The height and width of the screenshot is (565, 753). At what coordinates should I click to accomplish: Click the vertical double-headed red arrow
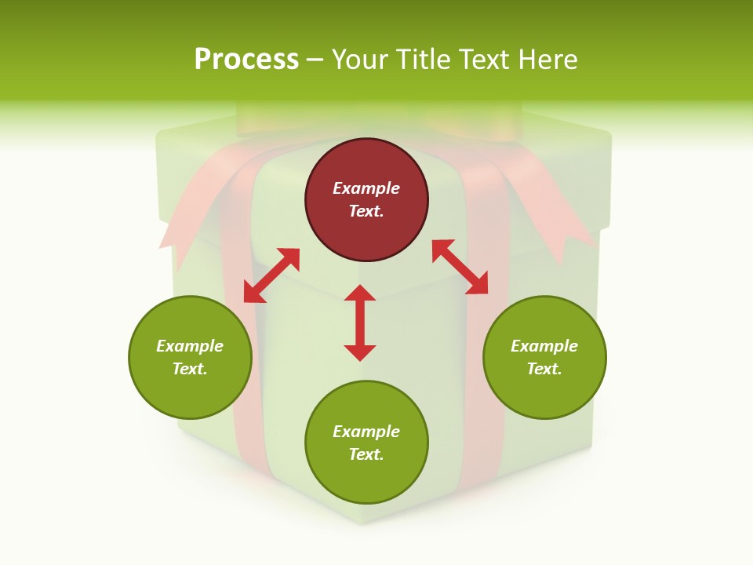[x=360, y=323]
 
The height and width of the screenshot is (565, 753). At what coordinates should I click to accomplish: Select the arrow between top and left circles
[x=271, y=275]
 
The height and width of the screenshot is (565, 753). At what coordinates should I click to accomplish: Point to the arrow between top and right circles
[x=460, y=267]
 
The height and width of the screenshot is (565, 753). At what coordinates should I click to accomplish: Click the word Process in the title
[x=246, y=59]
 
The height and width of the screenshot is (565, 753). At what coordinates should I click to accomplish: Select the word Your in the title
[x=361, y=59]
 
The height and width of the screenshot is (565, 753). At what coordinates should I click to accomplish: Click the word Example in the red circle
[x=366, y=188]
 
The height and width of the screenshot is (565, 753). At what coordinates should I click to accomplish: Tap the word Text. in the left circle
[x=190, y=369]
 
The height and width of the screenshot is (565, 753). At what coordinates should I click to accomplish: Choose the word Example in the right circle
[x=544, y=346]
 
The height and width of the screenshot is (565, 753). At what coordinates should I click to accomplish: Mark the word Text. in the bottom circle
[x=366, y=454]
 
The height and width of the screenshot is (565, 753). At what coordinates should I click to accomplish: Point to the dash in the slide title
[x=315, y=60]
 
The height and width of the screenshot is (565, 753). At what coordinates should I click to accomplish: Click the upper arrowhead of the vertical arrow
[x=360, y=293]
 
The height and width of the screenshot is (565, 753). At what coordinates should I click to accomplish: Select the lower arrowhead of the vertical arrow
[x=360, y=352]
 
